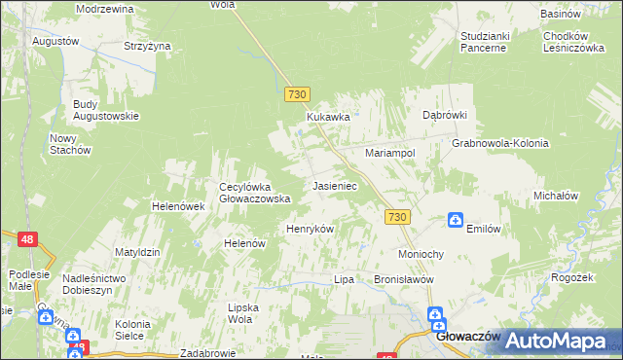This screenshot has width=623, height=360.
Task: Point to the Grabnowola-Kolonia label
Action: (500, 143)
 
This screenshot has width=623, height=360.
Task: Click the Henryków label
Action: (310, 229)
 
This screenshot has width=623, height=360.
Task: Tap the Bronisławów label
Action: (402, 279)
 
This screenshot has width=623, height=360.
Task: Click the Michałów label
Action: (556, 196)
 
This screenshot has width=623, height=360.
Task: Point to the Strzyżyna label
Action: (147, 45)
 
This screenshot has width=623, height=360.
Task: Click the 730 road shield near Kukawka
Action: (298, 94)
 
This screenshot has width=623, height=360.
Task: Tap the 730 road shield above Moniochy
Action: (395, 217)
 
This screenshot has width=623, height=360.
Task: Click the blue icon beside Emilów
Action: (455, 221)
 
